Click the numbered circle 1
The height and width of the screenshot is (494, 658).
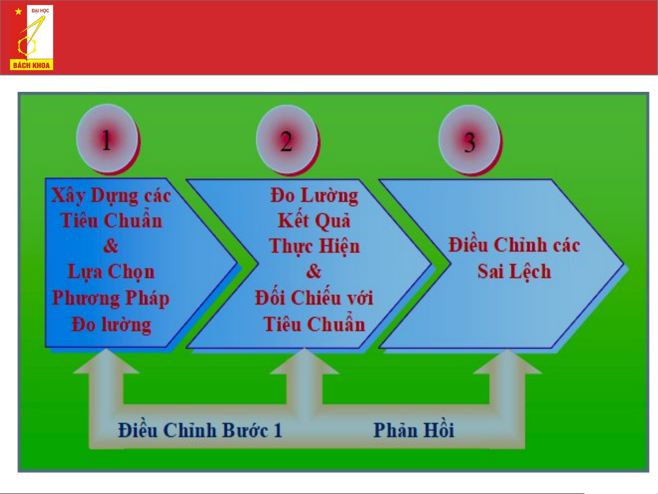pyautogui.click(x=107, y=139)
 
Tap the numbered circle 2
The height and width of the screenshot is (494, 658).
pyautogui.click(x=286, y=140)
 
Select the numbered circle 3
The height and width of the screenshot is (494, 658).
pyautogui.click(x=469, y=140)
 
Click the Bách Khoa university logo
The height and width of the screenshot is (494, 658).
pyautogui.click(x=32, y=37)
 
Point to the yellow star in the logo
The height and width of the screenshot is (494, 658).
pyautogui.click(x=18, y=11)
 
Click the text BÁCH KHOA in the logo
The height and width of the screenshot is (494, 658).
pyautogui.click(x=32, y=65)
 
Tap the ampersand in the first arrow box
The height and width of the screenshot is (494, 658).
pyautogui.click(x=111, y=246)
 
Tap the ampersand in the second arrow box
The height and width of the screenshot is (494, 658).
pyautogui.click(x=314, y=271)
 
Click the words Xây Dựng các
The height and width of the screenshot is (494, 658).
pyautogui.click(x=111, y=196)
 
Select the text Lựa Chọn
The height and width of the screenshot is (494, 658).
pyautogui.click(x=111, y=272)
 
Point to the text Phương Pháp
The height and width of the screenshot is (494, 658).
pyautogui.click(x=111, y=298)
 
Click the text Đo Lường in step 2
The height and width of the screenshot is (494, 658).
pyautogui.click(x=314, y=196)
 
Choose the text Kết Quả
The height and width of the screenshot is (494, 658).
pyautogui.click(x=314, y=221)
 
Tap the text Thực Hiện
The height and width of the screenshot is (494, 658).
pyautogui.click(x=314, y=246)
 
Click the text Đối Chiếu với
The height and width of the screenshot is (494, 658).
pyautogui.click(x=314, y=298)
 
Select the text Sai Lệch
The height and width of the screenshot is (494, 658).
pyautogui.click(x=514, y=272)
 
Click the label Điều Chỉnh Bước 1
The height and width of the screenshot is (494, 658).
pyautogui.click(x=200, y=430)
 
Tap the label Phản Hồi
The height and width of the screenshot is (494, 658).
pyautogui.click(x=414, y=430)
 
